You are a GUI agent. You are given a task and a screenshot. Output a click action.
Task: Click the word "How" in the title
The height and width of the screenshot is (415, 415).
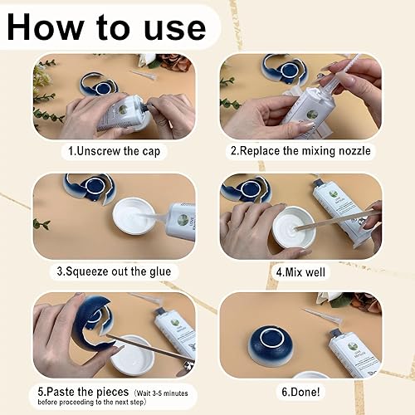click(46, 27)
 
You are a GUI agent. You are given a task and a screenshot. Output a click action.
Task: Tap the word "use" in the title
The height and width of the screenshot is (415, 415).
click(175, 29)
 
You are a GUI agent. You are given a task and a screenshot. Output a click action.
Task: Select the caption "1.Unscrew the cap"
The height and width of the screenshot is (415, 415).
click(115, 151)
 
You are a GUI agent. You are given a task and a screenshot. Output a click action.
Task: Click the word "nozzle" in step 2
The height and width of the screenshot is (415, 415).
click(354, 151)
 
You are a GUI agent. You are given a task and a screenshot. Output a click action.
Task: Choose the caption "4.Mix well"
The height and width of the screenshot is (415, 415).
click(300, 272)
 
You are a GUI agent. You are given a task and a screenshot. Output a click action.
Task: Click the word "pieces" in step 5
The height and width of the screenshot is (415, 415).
click(113, 393)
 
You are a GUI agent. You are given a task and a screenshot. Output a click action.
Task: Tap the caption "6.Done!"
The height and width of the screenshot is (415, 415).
click(300, 392)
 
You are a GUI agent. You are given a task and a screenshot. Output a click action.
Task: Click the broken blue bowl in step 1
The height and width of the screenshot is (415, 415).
click(98, 85)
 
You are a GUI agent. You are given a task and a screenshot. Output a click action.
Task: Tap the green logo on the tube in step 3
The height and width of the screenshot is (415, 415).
click(183, 219)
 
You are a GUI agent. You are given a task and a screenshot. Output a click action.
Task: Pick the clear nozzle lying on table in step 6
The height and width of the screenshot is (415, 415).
click(323, 316)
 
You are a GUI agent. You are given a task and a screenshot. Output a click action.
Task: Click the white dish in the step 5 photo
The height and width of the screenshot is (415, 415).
click(132, 355)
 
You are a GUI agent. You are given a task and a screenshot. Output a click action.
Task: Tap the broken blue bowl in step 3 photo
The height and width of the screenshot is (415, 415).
click(89, 188)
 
